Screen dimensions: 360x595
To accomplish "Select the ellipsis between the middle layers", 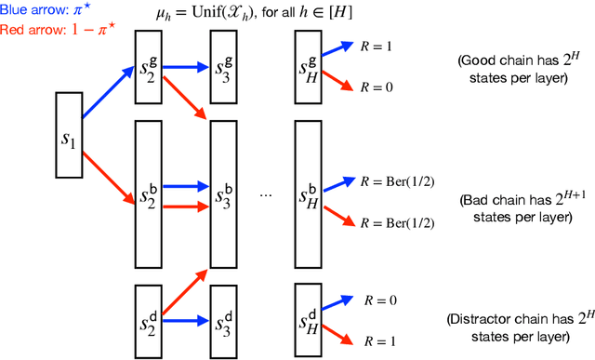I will [x=267, y=197].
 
